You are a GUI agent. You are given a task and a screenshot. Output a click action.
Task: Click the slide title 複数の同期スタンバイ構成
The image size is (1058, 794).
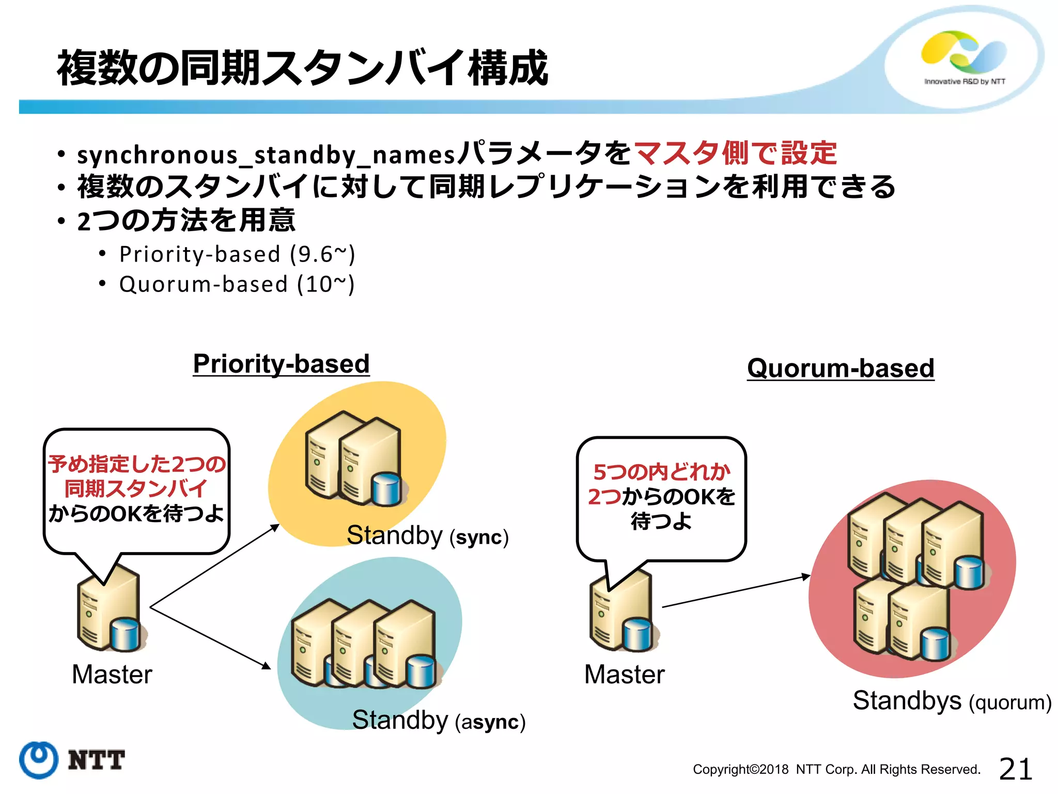point(302,68)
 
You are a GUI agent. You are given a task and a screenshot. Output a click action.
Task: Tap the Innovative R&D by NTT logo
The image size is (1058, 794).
point(964,57)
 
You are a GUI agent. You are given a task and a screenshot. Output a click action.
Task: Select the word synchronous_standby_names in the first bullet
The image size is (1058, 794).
point(266,155)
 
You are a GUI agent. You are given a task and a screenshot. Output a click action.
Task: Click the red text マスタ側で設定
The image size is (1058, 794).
point(735,154)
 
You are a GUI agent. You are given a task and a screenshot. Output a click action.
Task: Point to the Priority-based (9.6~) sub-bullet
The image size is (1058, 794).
point(237,254)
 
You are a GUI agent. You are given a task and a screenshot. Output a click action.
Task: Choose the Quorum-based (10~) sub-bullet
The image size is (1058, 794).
point(237,284)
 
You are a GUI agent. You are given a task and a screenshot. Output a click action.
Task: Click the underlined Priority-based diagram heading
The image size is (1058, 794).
point(281,363)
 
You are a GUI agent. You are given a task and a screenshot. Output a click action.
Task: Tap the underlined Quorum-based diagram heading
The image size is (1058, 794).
point(841,368)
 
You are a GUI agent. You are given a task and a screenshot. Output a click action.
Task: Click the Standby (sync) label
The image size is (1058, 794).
point(427,536)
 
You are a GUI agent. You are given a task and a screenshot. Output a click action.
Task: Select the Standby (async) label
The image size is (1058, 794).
point(438,720)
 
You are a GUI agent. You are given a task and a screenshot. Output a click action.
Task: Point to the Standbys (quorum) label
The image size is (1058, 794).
point(952,701)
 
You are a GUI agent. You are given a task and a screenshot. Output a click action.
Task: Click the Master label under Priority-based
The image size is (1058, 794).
point(112,674)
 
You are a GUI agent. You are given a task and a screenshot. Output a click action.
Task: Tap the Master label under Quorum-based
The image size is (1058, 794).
point(624,674)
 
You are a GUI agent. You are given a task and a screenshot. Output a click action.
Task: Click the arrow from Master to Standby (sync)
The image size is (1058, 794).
point(214,566)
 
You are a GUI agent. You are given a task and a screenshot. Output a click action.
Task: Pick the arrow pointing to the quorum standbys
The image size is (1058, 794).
point(736,591)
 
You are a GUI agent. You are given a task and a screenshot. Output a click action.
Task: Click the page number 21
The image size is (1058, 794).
point(1015,769)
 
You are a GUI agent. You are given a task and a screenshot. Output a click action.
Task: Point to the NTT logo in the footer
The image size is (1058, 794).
point(72,760)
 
